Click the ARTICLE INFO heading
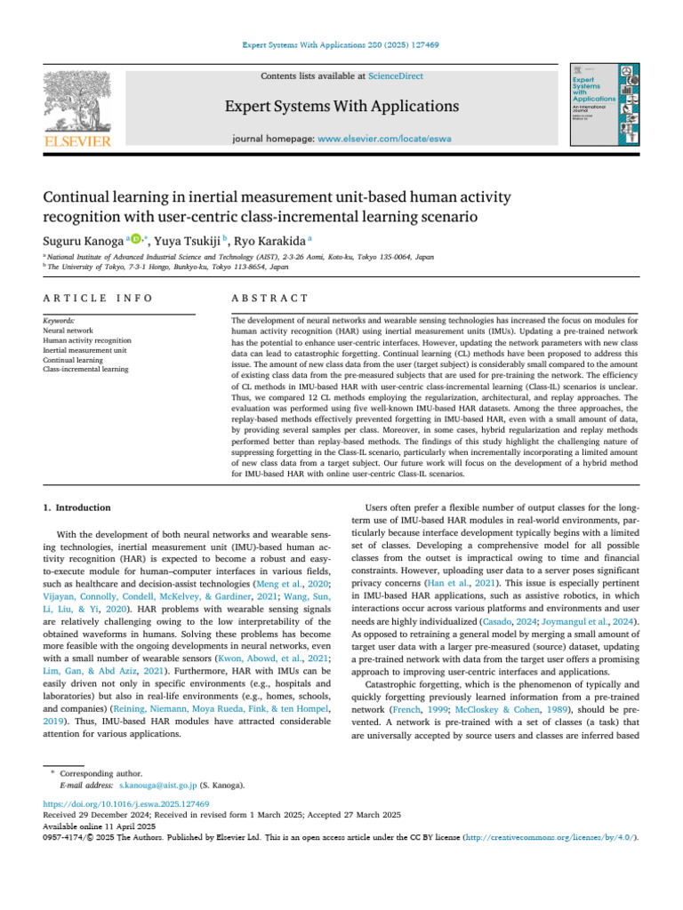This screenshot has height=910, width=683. coord(98,298)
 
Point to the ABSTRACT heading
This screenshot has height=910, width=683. coord(269,298)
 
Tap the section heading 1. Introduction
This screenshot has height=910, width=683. coord(77,507)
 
